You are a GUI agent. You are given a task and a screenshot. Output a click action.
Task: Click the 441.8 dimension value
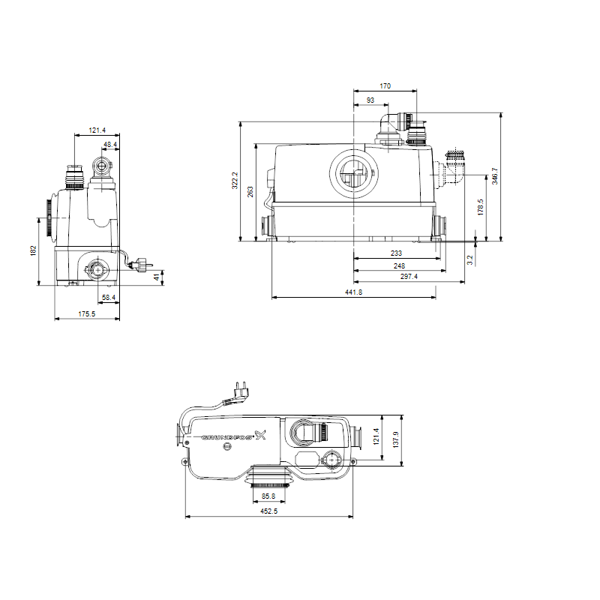click(353, 292)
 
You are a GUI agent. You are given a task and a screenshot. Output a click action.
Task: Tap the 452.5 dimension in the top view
click(268, 511)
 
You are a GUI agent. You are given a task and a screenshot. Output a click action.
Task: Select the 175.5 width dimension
click(87, 313)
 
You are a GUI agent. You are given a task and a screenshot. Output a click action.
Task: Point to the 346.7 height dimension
click(495, 175)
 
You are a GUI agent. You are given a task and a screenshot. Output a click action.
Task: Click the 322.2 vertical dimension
click(235, 180)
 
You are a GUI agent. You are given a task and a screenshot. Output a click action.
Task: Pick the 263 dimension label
click(250, 192)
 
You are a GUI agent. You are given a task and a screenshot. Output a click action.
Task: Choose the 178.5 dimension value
click(481, 207)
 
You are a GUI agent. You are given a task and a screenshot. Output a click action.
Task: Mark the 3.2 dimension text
click(470, 260)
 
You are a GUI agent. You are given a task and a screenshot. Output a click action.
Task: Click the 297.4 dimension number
click(409, 276)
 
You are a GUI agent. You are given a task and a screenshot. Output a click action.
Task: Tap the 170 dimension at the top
click(385, 86)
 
